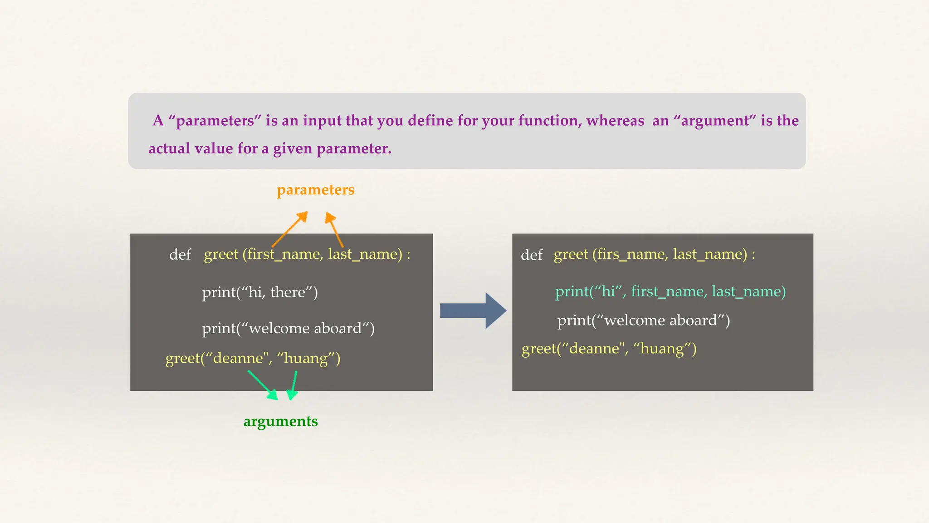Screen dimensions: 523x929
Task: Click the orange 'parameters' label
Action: point(315,190)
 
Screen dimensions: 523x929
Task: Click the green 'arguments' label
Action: point(280,421)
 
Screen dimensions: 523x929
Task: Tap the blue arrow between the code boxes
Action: point(473,311)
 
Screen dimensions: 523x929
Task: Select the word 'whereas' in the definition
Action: point(615,121)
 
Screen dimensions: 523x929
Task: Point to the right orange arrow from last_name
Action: point(335,230)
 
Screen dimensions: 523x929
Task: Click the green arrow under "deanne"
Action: point(263,385)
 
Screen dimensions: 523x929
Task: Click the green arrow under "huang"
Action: point(294,385)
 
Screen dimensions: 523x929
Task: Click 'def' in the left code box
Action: point(180,255)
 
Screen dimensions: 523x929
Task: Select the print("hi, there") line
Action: point(260,292)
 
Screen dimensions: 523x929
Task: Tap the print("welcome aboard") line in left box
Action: point(288,328)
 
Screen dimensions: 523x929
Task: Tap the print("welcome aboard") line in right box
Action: point(643,321)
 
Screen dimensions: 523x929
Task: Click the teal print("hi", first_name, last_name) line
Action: point(670,291)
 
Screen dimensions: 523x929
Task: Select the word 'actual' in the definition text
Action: point(169,149)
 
